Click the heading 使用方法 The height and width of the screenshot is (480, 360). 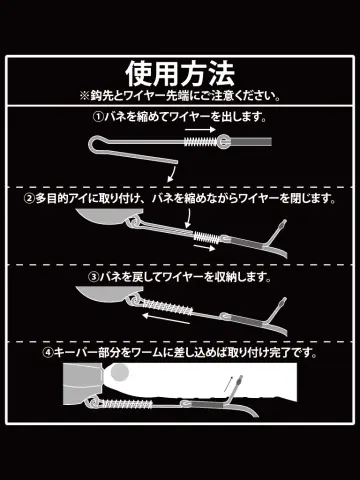(x=180, y=74)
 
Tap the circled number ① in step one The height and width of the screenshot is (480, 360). (x=97, y=117)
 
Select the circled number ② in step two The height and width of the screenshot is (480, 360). (x=29, y=199)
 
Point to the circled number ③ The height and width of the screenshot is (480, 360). (x=93, y=276)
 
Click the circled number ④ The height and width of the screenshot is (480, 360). (x=48, y=353)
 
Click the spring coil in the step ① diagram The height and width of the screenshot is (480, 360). (x=201, y=142)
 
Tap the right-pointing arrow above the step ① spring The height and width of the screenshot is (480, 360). (x=201, y=129)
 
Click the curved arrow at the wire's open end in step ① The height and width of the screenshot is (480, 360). (x=171, y=174)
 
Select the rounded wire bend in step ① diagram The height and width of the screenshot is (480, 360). (x=92, y=144)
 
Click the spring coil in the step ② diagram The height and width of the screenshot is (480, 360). (x=207, y=237)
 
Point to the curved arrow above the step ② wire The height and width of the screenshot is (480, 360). (x=189, y=219)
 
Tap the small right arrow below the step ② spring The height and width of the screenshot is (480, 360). (x=205, y=248)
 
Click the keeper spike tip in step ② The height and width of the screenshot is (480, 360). (x=284, y=222)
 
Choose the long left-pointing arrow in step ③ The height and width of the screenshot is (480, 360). (x=166, y=318)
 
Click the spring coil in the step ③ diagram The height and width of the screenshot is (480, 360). (x=167, y=307)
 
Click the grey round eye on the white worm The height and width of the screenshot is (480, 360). (x=119, y=373)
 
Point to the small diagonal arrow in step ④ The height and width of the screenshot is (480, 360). (x=228, y=384)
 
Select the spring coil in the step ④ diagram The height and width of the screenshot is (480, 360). (x=127, y=404)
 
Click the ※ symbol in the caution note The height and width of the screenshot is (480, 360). (x=85, y=96)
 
